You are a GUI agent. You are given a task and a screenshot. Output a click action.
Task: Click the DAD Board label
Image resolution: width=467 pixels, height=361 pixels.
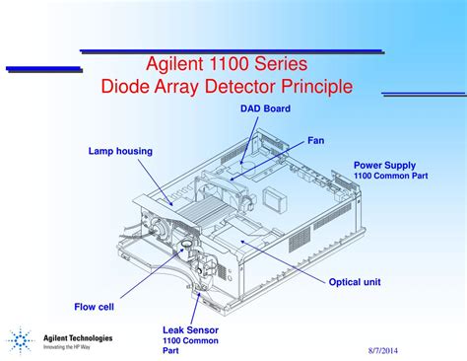(x=265, y=108)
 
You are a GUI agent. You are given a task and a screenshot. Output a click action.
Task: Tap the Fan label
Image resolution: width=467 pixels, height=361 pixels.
(x=315, y=140)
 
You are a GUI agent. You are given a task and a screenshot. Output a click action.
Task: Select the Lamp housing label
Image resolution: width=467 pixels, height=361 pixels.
(x=119, y=151)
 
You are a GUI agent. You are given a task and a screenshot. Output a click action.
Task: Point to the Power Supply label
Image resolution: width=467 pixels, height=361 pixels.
(x=384, y=165)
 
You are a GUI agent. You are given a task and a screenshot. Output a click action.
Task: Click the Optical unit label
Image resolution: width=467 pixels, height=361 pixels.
(x=355, y=282)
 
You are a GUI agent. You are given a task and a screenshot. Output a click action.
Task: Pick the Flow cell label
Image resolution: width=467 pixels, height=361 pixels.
(x=94, y=306)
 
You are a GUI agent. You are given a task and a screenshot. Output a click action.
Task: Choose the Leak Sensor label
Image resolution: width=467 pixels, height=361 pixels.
(x=190, y=329)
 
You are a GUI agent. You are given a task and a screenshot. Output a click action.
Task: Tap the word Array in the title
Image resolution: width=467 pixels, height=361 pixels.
(x=177, y=87)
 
